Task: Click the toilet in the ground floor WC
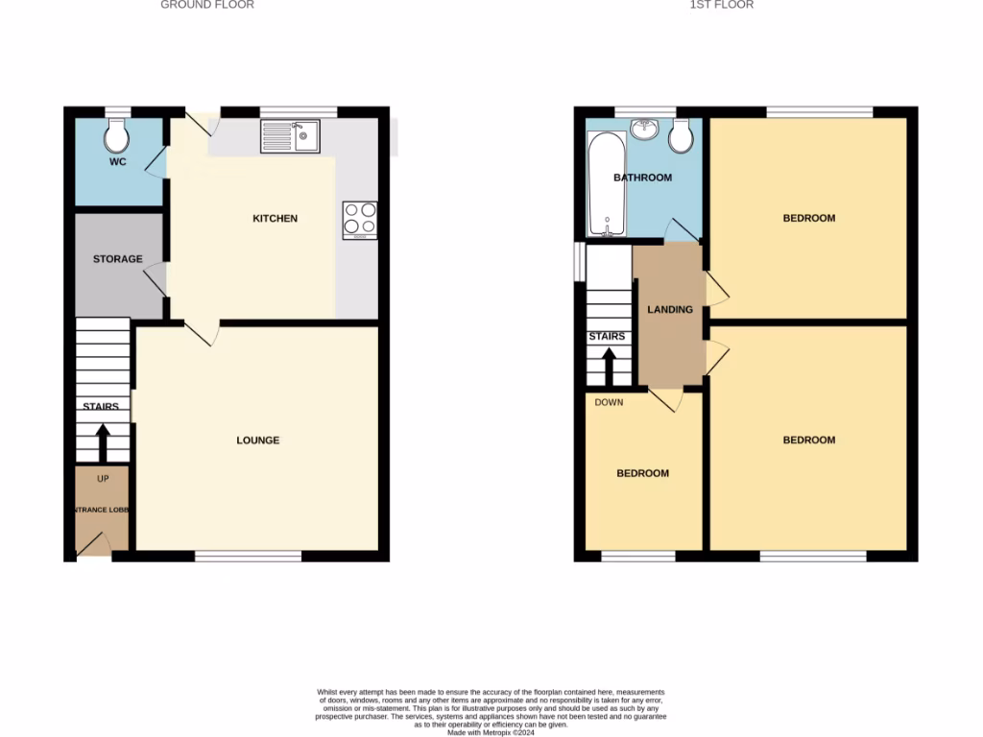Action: pyautogui.click(x=117, y=135)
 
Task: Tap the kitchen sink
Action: pyautogui.click(x=289, y=136)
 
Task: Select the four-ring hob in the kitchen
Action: pyautogui.click(x=359, y=220)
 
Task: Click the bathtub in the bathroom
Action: pyautogui.click(x=605, y=184)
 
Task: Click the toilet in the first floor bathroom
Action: pyautogui.click(x=682, y=136)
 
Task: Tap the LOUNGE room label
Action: pyautogui.click(x=258, y=440)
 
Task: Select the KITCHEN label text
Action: pyautogui.click(x=276, y=219)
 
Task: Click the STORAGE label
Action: pyautogui.click(x=118, y=259)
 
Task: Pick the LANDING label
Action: pyautogui.click(x=670, y=310)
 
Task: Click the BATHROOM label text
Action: pyautogui.click(x=643, y=178)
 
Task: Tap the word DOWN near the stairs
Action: pyautogui.click(x=609, y=402)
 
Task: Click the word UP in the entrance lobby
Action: pyautogui.click(x=103, y=478)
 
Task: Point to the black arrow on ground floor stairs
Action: pyautogui.click(x=102, y=441)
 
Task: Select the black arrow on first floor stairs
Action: pyautogui.click(x=608, y=366)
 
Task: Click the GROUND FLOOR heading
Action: pyautogui.click(x=207, y=5)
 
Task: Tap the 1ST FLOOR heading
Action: pyautogui.click(x=722, y=5)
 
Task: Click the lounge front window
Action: pyautogui.click(x=248, y=556)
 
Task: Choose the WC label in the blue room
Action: pyautogui.click(x=117, y=162)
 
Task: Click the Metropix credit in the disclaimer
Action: pyautogui.click(x=491, y=732)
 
